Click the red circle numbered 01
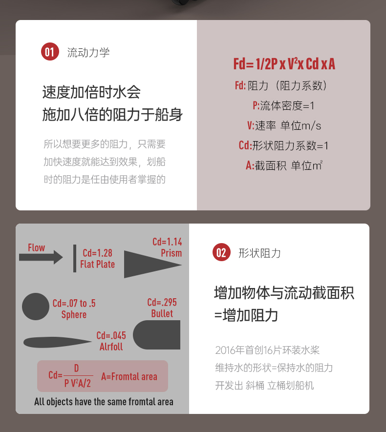pyautogui.click(x=50, y=52)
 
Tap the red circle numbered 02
pyautogui.click(x=221, y=252)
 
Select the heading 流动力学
pyautogui.click(x=88, y=52)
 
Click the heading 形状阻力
pyautogui.click(x=259, y=253)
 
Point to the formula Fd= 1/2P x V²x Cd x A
pyautogui.click(x=284, y=64)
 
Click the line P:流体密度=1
pyautogui.click(x=284, y=105)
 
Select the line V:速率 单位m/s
pyautogui.click(x=284, y=125)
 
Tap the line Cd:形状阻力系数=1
pyautogui.click(x=284, y=145)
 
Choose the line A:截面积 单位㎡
pyautogui.click(x=284, y=165)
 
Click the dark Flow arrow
pyautogui.click(x=41, y=257)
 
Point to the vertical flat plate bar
pyautogui.click(x=75, y=258)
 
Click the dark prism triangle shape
pyautogui.click(x=147, y=264)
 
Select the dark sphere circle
pyautogui.click(x=36, y=307)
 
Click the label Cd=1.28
pyautogui.click(x=97, y=253)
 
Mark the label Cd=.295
pyautogui.click(x=162, y=303)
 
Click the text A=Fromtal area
pyautogui.click(x=129, y=376)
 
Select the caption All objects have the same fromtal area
pyautogui.click(x=104, y=402)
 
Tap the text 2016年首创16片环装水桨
pyautogui.click(x=267, y=350)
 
